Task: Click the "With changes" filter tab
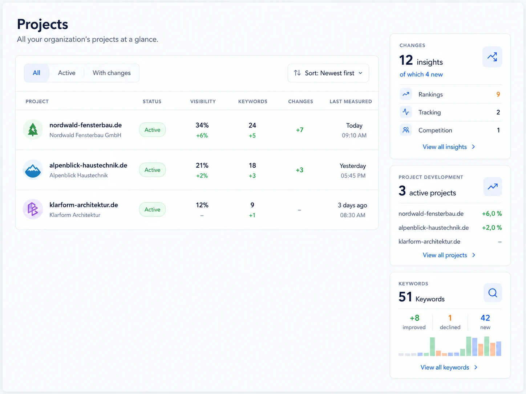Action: (x=112, y=73)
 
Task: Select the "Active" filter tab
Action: (x=66, y=73)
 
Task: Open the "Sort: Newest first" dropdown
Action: (x=328, y=73)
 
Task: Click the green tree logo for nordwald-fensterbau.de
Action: (x=33, y=130)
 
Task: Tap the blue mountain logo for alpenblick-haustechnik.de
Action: (x=33, y=170)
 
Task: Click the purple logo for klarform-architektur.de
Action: (x=33, y=209)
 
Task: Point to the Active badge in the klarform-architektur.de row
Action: (x=153, y=210)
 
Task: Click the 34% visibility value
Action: (x=202, y=125)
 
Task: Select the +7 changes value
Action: (x=300, y=130)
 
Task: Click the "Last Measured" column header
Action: (x=351, y=102)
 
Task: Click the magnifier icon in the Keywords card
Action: (x=493, y=293)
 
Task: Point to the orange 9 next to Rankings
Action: (x=498, y=94)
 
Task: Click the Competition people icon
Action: (x=406, y=130)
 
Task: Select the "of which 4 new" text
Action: (x=421, y=74)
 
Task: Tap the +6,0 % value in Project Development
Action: (x=492, y=214)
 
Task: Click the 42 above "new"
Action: (x=485, y=318)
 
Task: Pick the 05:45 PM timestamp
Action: (x=353, y=176)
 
